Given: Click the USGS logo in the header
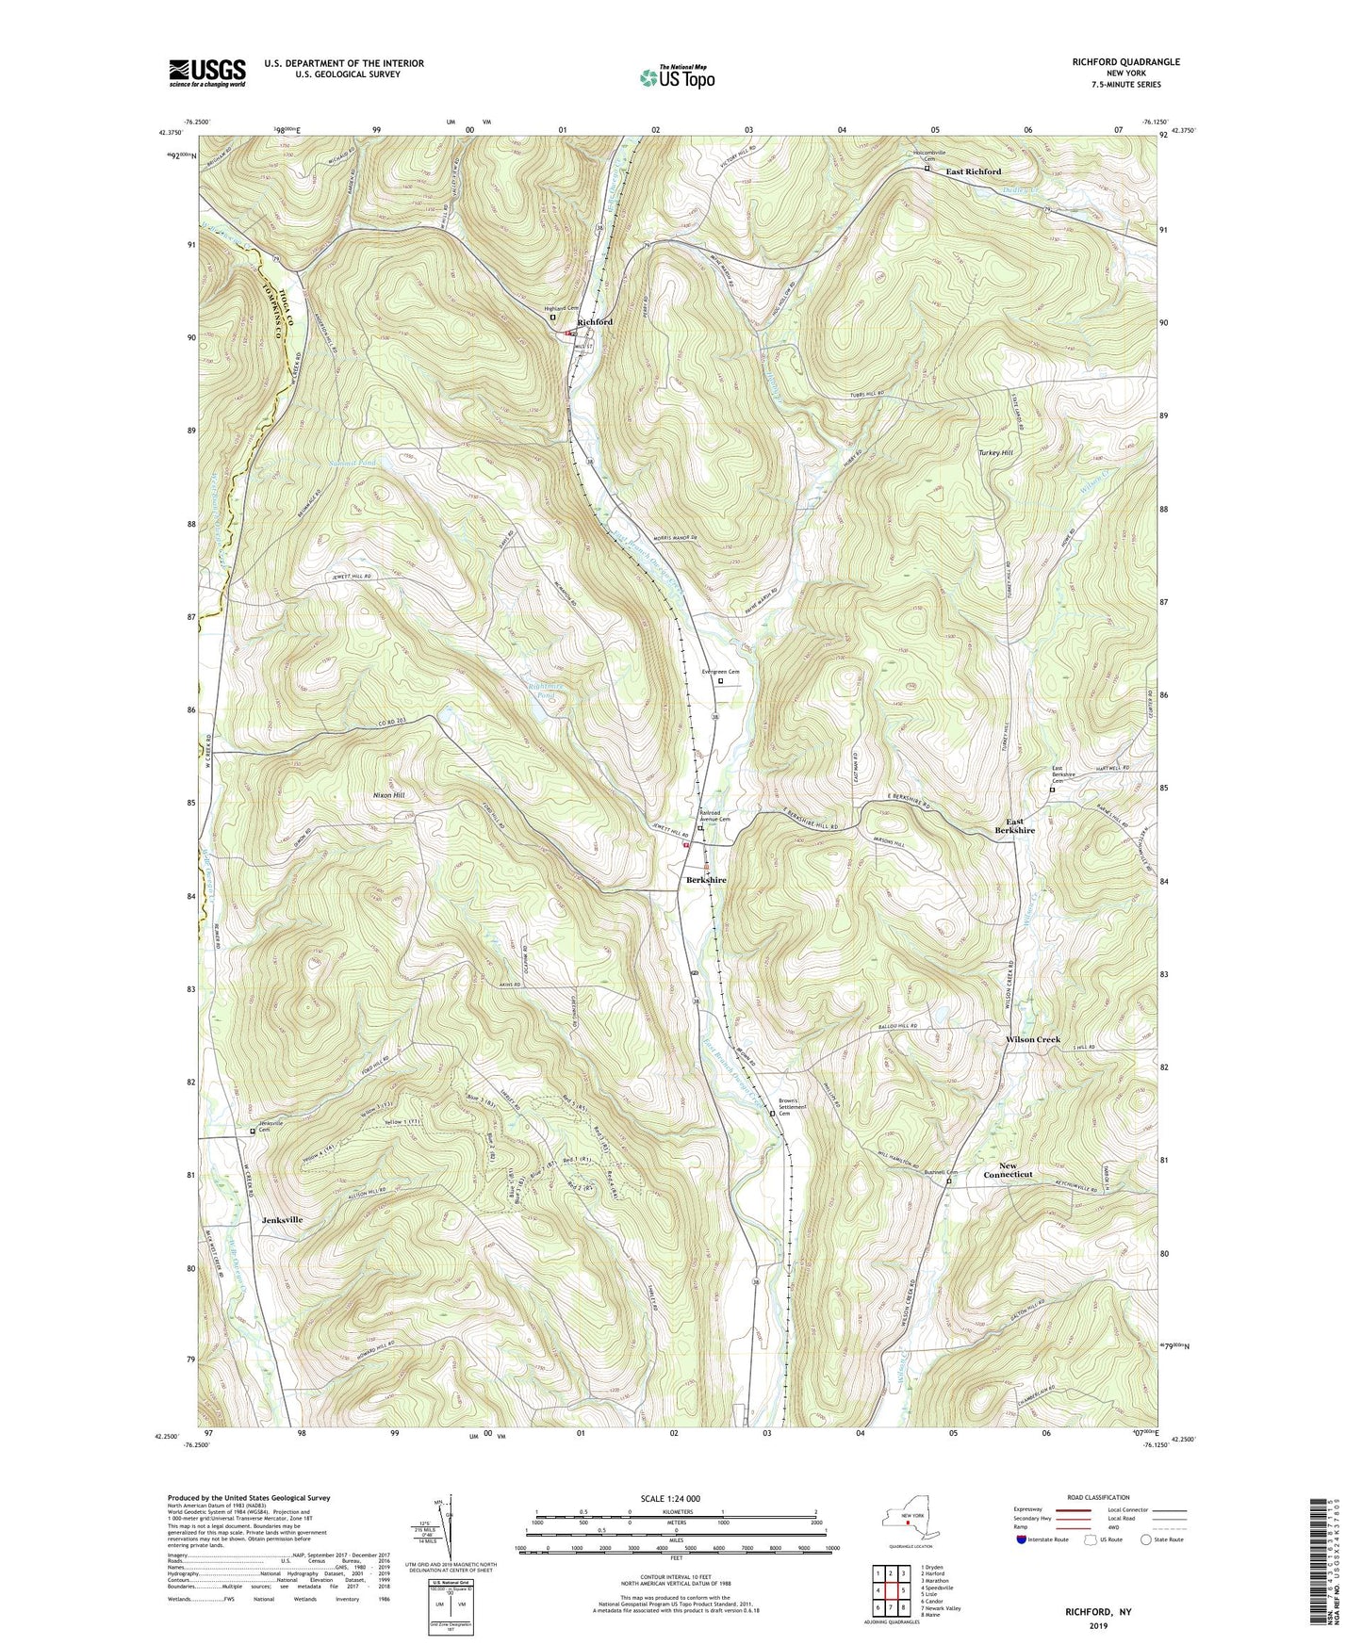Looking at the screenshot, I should [x=207, y=72].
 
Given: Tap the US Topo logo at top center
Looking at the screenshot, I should [x=676, y=77].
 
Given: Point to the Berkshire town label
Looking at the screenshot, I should [x=706, y=880].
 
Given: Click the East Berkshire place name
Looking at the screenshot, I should [x=1014, y=825].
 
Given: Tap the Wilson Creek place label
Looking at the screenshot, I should [x=1033, y=1040].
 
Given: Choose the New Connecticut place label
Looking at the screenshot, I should [x=1008, y=1170].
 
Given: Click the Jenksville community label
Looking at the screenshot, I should [x=281, y=1219].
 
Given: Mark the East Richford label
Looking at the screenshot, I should [x=974, y=171].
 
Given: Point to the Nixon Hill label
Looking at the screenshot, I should [x=388, y=796].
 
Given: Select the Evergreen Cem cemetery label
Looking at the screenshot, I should [x=720, y=672].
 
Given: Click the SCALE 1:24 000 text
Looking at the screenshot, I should [x=670, y=1498].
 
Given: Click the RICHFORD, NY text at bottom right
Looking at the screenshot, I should [x=1098, y=1612].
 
